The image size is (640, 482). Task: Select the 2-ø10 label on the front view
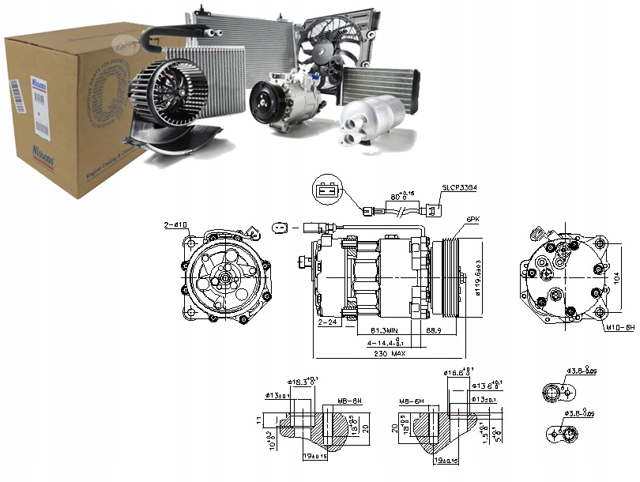click(175, 225)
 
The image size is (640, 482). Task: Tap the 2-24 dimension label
click(328, 323)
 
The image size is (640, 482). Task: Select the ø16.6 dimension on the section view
click(454, 372)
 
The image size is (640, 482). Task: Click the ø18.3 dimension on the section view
click(303, 382)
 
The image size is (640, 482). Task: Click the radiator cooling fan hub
click(326, 50)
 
